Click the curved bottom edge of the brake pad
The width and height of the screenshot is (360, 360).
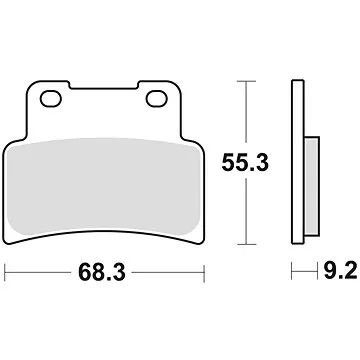pos(101,228)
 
